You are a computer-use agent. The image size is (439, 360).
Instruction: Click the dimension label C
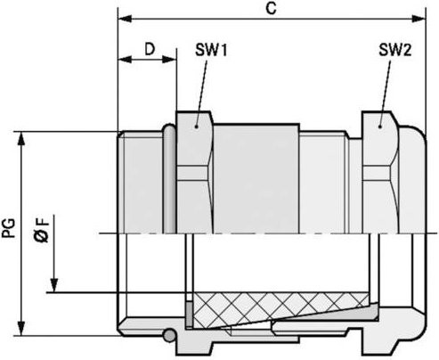pos(271,8)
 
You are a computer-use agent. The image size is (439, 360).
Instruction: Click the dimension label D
pos(150,49)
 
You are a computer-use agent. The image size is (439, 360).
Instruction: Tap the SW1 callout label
pos(211,50)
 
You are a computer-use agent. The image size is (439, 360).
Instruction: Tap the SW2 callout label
pos(394,50)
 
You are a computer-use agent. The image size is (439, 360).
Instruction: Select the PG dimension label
pos(9,228)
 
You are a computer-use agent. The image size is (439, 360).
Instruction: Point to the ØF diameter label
pos(41,230)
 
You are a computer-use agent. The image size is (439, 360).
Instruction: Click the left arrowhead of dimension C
pos(125,19)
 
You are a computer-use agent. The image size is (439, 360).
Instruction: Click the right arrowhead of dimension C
pos(419,19)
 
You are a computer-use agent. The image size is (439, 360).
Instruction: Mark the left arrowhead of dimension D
pos(125,59)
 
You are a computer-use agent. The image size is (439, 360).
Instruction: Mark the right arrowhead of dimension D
pos(169,59)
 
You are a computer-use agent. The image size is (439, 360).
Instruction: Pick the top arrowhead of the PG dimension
pos(21,138)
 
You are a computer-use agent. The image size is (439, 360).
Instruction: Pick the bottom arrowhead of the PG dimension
pos(21,329)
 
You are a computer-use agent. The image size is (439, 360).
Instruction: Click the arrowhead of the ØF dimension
pos(54,286)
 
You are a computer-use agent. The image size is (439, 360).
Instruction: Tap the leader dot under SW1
pos(196,127)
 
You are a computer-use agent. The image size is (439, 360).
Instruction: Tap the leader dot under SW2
pos(380,127)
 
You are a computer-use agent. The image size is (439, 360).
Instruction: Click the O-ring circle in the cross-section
pos(169,335)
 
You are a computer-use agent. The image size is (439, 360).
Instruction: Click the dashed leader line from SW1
pos(201,92)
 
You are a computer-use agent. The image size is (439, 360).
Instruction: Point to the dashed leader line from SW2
pos(385,92)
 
